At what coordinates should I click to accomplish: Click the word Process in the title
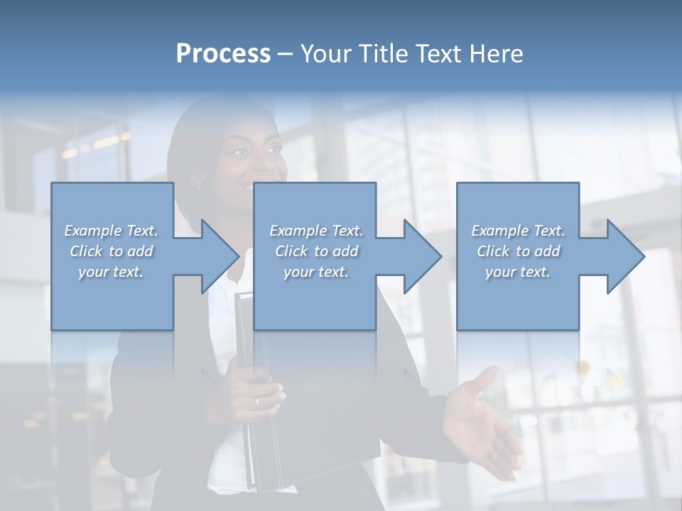point(223,53)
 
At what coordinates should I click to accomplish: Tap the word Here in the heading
point(496,53)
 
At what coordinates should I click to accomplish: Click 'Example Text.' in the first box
point(111,231)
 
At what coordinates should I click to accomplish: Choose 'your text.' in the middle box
point(315,272)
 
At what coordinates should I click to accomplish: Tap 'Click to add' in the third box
point(518,251)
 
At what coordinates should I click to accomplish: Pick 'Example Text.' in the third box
point(518,231)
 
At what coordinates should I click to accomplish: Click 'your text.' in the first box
point(111,272)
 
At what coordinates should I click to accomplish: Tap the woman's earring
point(198,187)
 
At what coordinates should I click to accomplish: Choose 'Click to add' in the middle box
point(316,251)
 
